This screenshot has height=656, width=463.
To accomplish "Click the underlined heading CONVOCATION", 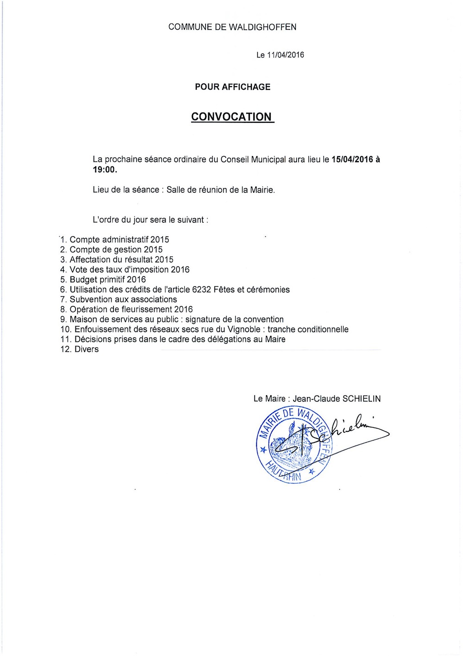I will tap(231, 117).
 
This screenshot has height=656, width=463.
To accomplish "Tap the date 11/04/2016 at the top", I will tap(286, 55).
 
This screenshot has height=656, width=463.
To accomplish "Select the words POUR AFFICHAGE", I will tap(232, 87).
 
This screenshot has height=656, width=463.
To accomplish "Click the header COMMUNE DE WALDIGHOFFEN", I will tap(232, 27).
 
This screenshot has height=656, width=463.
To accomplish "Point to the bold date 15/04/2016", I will tap(352, 159).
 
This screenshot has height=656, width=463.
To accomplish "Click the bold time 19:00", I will tap(104, 170).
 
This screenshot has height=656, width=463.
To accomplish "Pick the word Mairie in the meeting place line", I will tap(262, 189).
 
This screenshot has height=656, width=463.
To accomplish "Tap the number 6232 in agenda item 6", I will tap(201, 290).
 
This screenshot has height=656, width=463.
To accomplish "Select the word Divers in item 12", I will tap(87, 349).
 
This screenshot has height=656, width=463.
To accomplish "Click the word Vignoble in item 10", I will tap(244, 329).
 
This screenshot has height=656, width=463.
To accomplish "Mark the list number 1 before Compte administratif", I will tap(63, 240).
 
